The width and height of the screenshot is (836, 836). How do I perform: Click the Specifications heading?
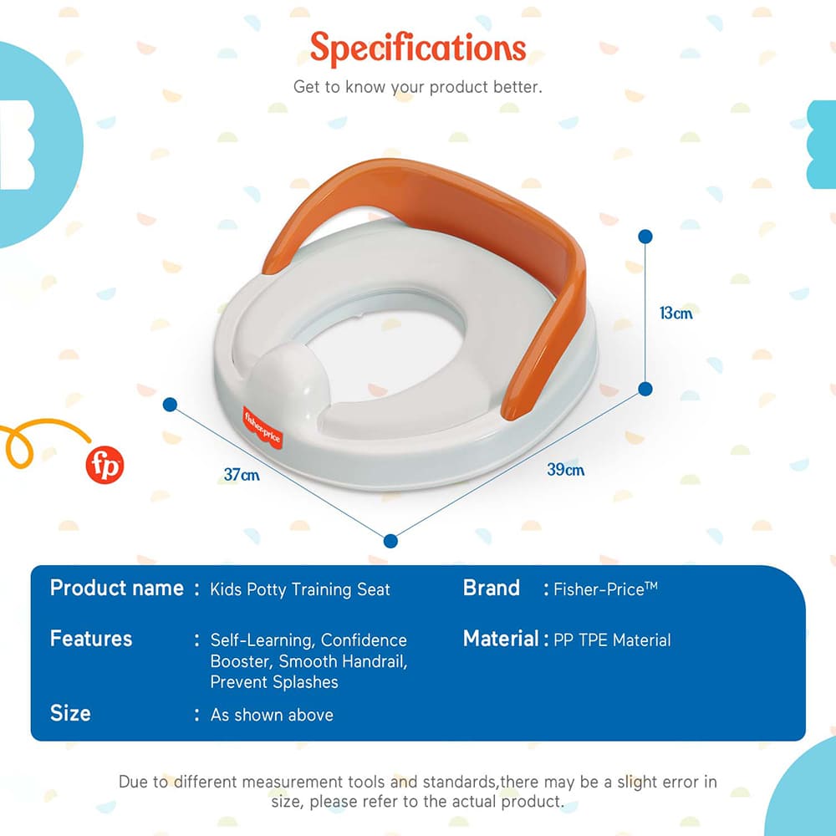click(x=418, y=48)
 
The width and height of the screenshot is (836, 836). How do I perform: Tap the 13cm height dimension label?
click(x=675, y=313)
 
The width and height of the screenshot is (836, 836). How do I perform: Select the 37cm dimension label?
click(x=241, y=475)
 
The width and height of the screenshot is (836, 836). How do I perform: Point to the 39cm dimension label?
click(x=565, y=470)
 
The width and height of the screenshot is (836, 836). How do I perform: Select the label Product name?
click(x=116, y=588)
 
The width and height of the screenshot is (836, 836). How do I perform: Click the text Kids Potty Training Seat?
click(x=300, y=589)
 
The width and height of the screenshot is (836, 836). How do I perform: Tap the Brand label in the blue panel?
click(x=492, y=588)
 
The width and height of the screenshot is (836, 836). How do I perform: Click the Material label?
click(x=501, y=639)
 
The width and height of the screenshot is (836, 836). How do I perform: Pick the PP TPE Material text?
click(x=612, y=640)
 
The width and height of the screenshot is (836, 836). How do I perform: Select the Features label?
click(x=91, y=639)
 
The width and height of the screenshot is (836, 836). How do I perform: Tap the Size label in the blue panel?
click(x=70, y=713)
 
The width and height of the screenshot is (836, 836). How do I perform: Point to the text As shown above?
click(x=272, y=715)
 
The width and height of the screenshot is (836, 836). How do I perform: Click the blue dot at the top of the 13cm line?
click(x=645, y=237)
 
